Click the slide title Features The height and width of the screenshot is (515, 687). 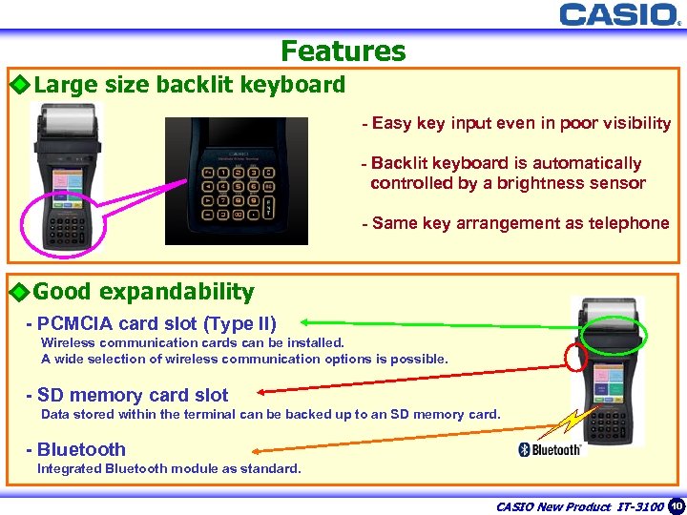343,51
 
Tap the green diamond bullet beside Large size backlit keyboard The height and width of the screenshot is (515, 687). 19,85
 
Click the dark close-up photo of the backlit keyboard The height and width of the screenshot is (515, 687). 237,180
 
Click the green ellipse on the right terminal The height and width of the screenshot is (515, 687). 613,334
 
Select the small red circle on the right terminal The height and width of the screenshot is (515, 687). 575,357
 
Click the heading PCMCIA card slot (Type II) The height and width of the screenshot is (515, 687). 156,324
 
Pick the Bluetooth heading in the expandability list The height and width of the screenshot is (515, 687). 81,449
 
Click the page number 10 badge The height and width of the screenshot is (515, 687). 677,505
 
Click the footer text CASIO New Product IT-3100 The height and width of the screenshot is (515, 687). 579,506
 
